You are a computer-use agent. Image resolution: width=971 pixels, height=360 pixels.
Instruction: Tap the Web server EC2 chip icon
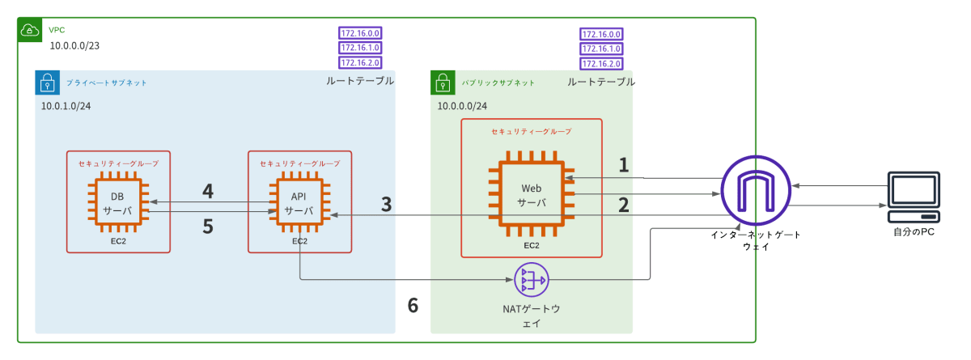pyautogui.click(x=532, y=194)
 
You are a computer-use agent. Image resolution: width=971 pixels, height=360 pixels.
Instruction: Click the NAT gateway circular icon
pyautogui.click(x=532, y=280)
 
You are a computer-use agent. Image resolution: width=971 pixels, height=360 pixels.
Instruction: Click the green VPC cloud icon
pyautogui.click(x=30, y=31)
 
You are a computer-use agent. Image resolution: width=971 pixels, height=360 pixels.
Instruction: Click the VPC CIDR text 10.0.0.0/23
pyautogui.click(x=74, y=48)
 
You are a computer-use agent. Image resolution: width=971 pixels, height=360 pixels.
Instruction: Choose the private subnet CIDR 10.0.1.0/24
pyautogui.click(x=66, y=106)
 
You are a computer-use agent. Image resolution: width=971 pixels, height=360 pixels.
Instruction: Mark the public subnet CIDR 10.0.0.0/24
pyautogui.click(x=462, y=106)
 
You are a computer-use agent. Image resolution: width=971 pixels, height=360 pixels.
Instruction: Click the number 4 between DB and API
pyautogui.click(x=208, y=192)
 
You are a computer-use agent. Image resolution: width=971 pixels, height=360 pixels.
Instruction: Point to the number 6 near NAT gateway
pyautogui.click(x=413, y=305)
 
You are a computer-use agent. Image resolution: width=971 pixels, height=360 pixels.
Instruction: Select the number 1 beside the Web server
pyautogui.click(x=624, y=165)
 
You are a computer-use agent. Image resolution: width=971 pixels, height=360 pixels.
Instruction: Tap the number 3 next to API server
pyautogui.click(x=387, y=205)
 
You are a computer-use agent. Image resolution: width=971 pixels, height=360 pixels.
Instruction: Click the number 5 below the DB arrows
pyautogui.click(x=208, y=227)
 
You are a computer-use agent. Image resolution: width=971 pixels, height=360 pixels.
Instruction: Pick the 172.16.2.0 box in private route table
pyautogui.click(x=360, y=62)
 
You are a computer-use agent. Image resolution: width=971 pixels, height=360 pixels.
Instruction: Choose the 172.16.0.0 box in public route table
pyautogui.click(x=601, y=34)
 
